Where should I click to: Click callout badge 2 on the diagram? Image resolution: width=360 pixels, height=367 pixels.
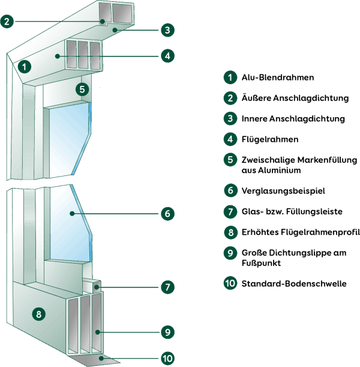[x=7, y=22]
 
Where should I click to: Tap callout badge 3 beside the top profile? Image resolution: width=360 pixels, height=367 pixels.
[x=167, y=30]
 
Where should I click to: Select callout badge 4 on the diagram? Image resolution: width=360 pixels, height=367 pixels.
[x=167, y=56]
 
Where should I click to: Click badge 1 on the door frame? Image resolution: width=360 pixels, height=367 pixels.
[x=25, y=67]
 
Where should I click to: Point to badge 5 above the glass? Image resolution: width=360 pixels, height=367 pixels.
[x=82, y=89]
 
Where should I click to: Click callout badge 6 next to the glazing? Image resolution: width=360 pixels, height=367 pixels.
[x=167, y=213]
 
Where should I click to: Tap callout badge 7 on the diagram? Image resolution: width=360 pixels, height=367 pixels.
[x=167, y=287]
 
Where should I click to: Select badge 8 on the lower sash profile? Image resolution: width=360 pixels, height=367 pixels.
[x=38, y=314]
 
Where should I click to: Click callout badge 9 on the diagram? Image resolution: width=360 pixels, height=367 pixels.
[x=167, y=332]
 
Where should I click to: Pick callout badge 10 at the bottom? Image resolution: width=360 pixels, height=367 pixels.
[x=167, y=359]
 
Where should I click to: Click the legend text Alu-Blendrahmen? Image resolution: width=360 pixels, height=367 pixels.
[x=278, y=77]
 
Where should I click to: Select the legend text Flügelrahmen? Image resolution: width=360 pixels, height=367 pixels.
[x=270, y=139]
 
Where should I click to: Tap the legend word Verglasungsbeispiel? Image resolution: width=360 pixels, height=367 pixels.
[x=283, y=191]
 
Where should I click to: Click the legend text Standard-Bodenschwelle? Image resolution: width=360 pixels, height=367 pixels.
[x=294, y=284]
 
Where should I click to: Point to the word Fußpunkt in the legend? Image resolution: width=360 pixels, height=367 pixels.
[x=261, y=263]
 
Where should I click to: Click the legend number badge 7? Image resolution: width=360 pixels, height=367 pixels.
[x=230, y=211]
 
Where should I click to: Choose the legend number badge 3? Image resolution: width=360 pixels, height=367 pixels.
[x=230, y=119]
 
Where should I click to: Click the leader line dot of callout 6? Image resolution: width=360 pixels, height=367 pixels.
[x=72, y=213]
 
